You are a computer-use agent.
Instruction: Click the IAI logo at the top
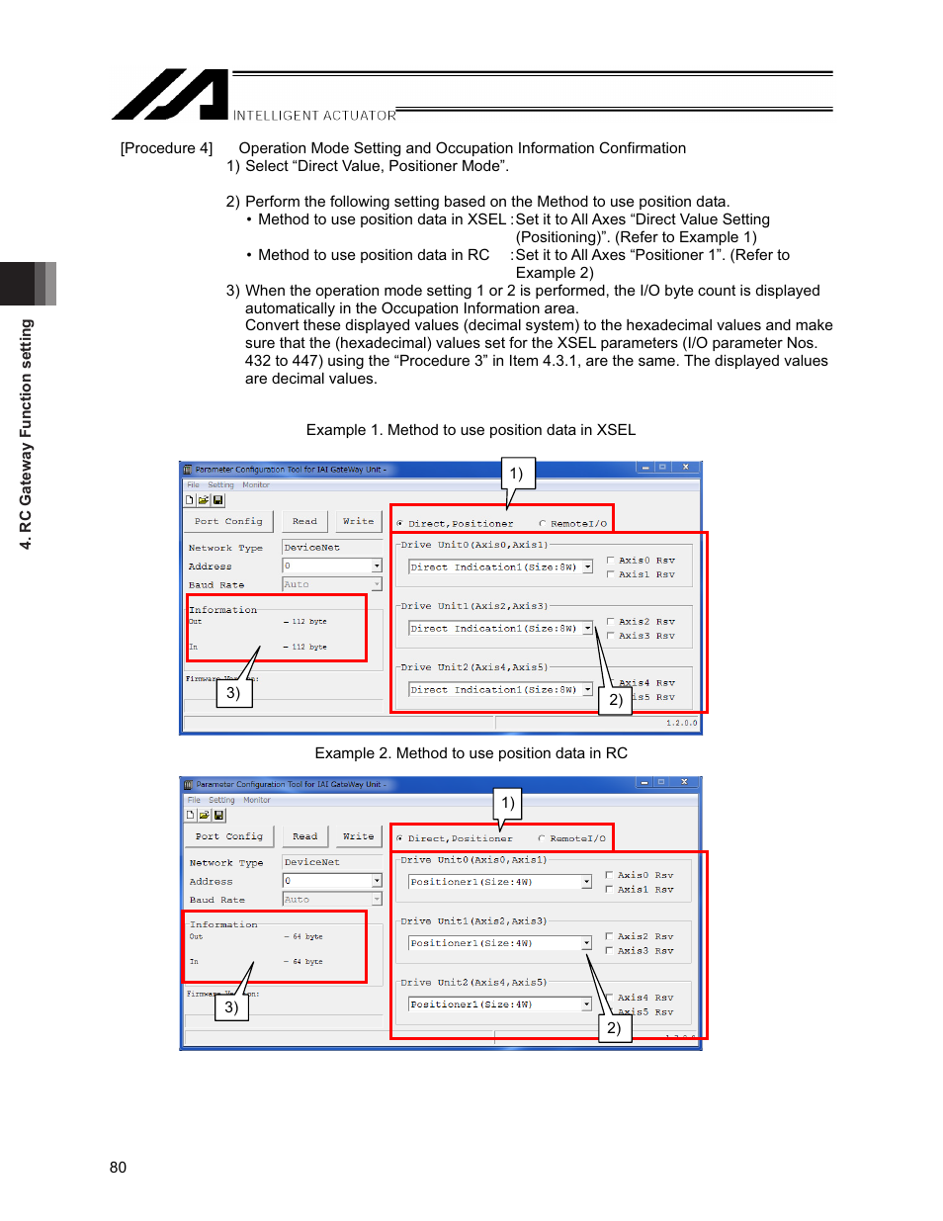170,95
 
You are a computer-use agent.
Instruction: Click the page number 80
118,1167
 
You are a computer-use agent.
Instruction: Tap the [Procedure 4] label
166,148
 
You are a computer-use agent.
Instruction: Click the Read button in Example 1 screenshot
304,521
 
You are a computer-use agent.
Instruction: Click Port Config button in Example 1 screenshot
228,521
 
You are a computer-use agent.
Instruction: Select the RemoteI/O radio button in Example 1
543,524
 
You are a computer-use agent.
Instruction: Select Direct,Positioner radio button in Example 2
399,838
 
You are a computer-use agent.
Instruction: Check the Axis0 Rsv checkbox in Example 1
610,561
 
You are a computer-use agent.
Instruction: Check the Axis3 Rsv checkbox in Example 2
609,951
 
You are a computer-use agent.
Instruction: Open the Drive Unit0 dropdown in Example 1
587,567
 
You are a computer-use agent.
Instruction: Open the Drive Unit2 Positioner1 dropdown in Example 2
586,1004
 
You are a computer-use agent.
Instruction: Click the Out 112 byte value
308,622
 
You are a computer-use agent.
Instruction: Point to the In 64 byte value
307,961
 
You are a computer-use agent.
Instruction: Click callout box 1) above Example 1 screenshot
517,474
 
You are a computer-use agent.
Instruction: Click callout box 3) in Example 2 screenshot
231,1006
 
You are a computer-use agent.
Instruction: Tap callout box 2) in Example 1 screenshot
615,700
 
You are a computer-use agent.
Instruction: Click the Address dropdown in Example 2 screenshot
377,881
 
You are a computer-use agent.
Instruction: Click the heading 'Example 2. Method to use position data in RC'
471,753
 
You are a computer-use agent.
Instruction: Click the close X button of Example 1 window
685,468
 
